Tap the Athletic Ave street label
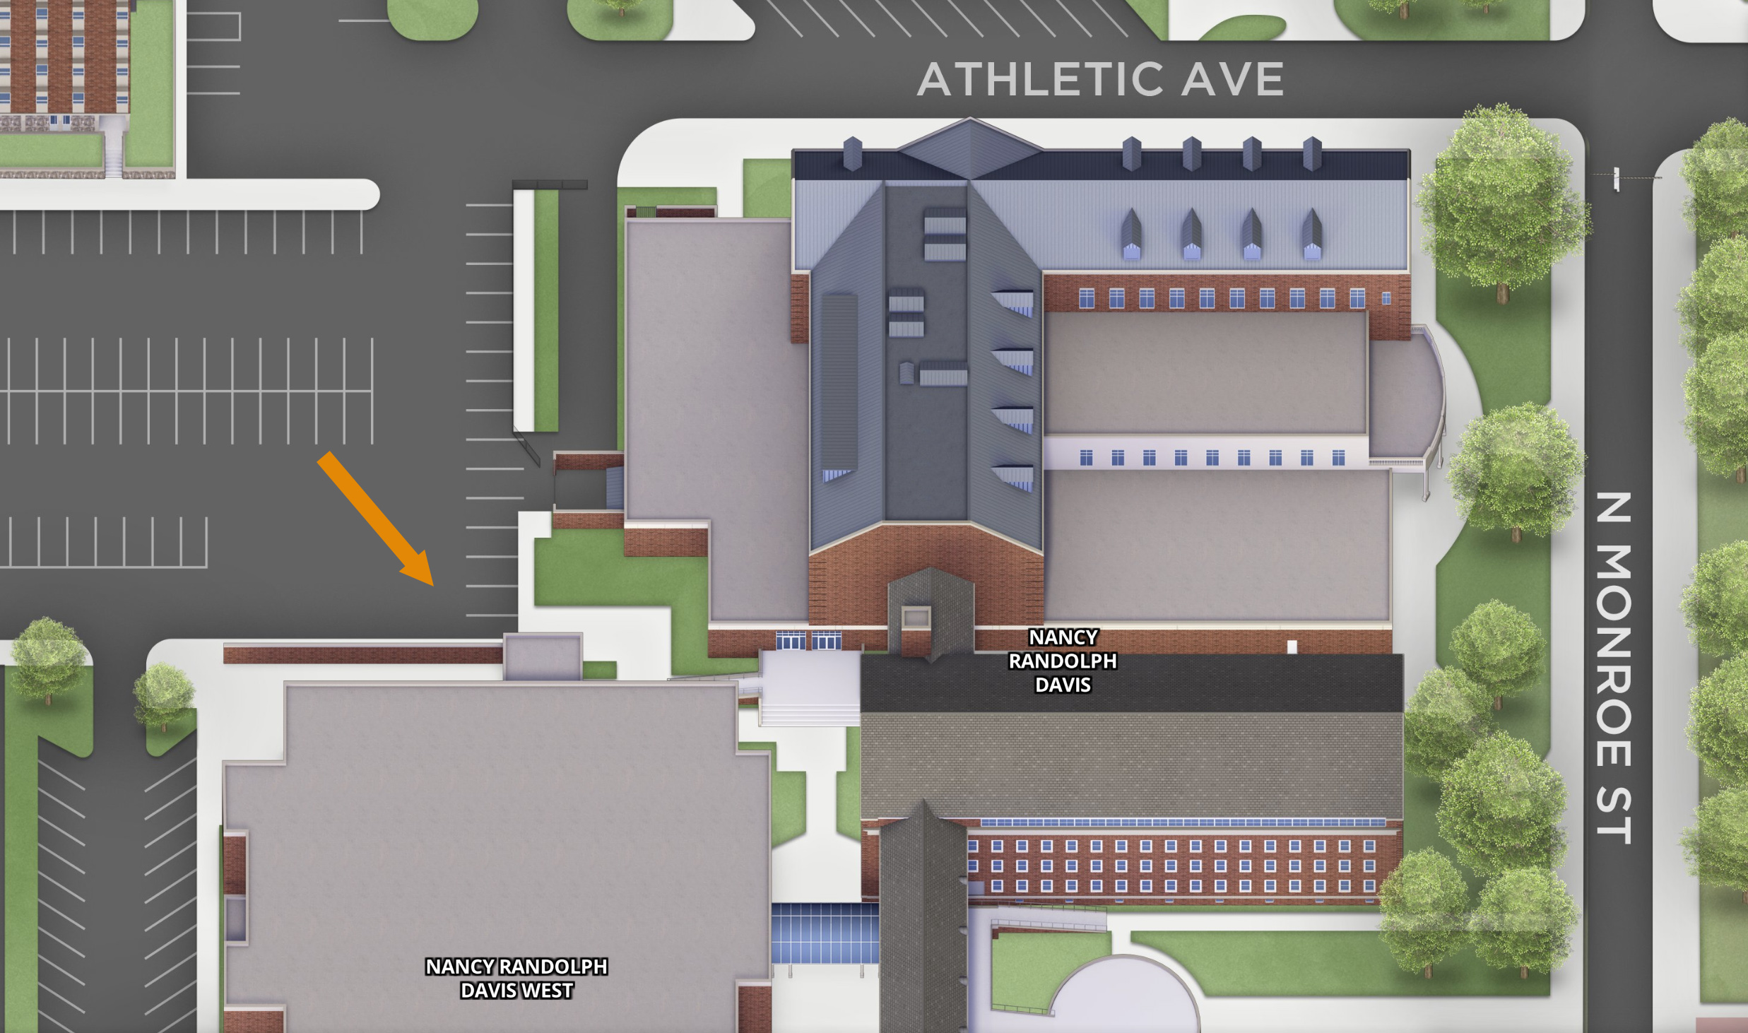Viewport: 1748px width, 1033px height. click(1100, 79)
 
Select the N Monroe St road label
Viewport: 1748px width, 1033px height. click(1614, 668)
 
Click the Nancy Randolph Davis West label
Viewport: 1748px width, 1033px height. click(516, 979)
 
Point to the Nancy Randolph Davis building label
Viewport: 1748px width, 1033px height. click(1063, 661)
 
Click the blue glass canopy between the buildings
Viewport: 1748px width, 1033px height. click(825, 933)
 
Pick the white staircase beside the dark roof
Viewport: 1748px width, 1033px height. click(809, 689)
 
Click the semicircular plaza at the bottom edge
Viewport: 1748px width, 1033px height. click(1123, 1000)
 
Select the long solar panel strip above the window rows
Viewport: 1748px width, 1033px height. click(1183, 822)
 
